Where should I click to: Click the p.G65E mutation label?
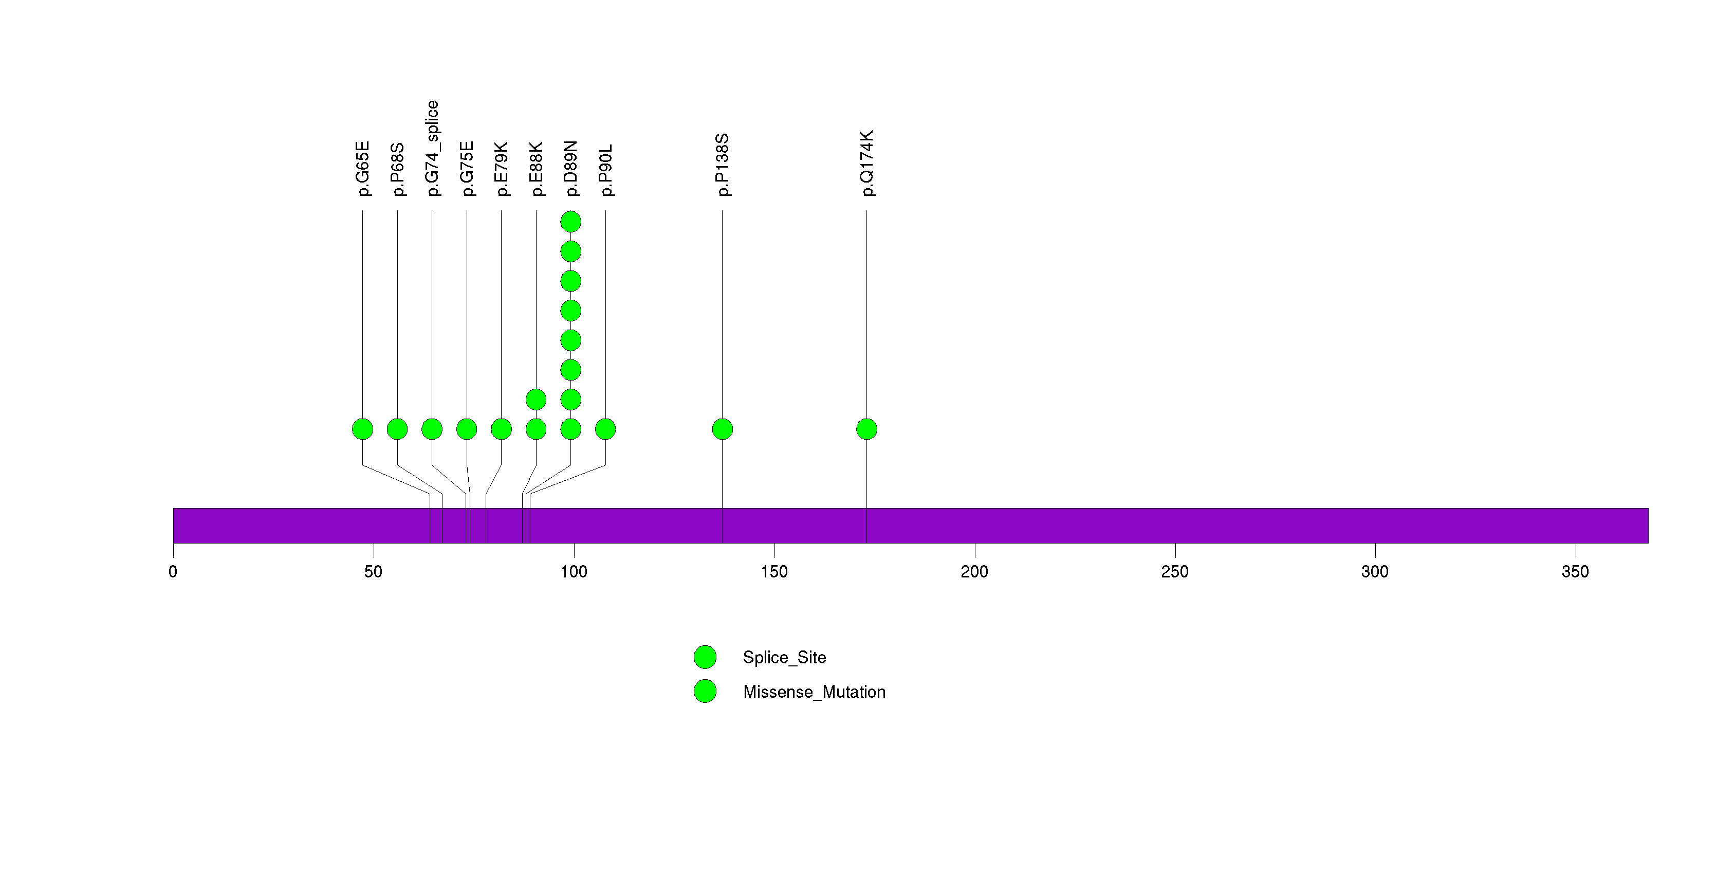point(362,169)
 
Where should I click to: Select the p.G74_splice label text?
point(432,148)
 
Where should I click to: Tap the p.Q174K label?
point(867,163)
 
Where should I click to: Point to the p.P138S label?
point(722,165)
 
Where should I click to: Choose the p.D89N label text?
point(570,169)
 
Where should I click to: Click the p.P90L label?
point(605,170)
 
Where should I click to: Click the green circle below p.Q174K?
point(867,429)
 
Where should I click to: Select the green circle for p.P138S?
point(722,429)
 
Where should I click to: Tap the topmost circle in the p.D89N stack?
point(570,222)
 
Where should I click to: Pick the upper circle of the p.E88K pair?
point(536,400)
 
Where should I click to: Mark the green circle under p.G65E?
point(362,429)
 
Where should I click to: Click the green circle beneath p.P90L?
point(605,429)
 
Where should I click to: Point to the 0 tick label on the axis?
point(173,572)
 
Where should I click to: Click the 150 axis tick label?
point(774,572)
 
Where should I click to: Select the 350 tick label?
point(1575,572)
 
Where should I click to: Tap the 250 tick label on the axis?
point(1175,572)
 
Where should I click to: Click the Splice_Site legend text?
point(784,658)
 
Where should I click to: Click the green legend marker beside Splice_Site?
point(705,658)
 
